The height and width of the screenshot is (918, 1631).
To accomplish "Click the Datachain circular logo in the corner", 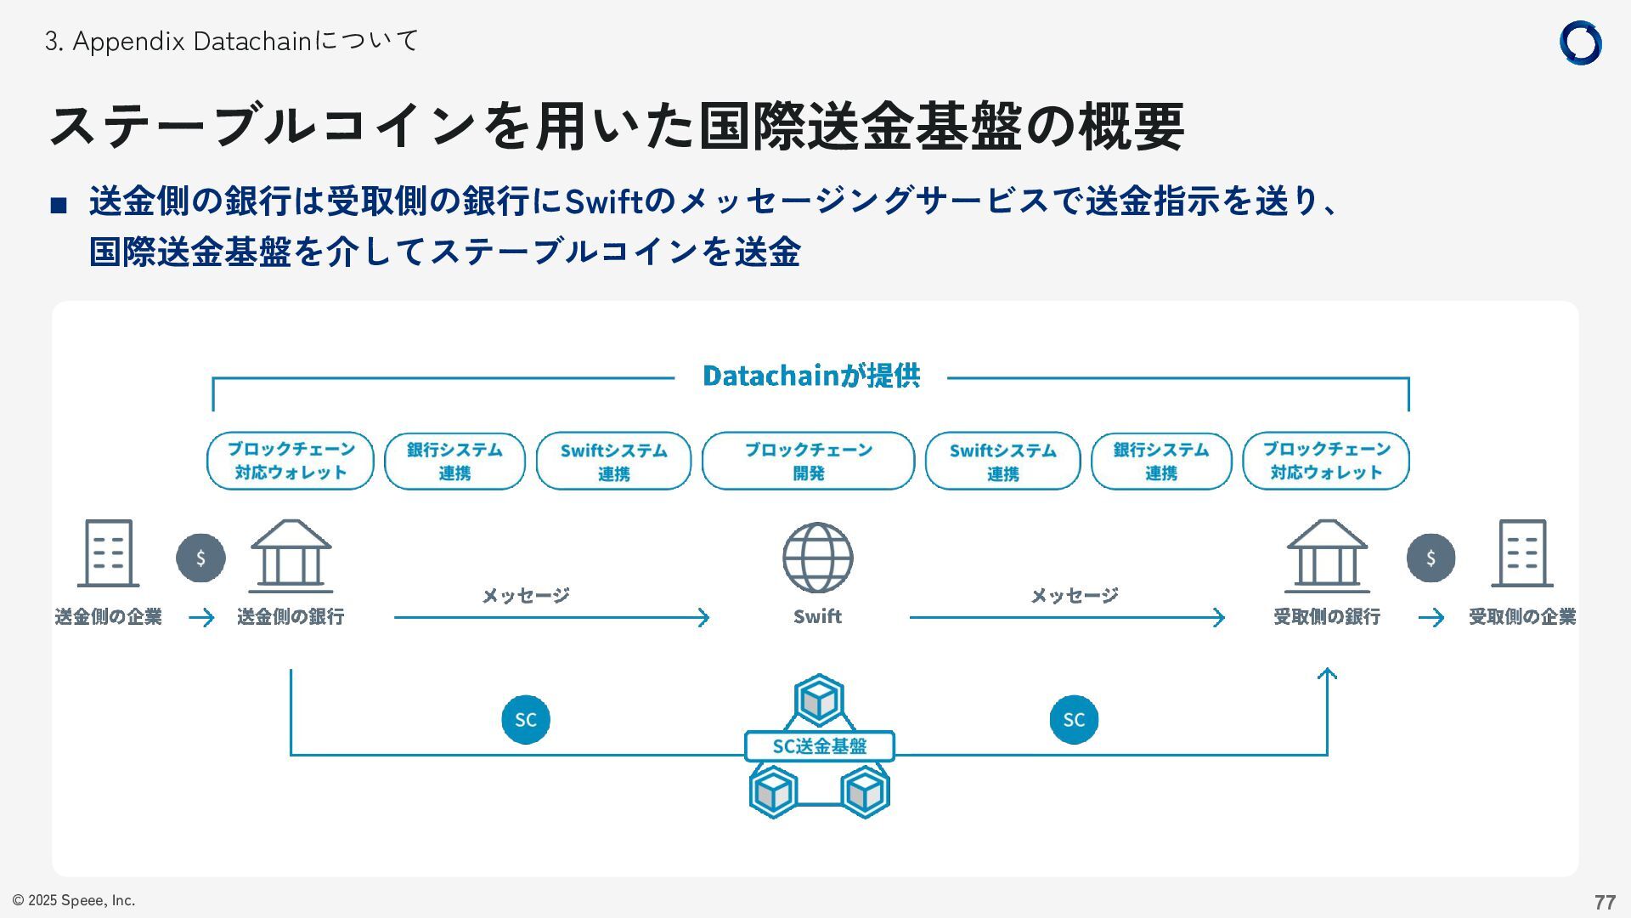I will pos(1580,43).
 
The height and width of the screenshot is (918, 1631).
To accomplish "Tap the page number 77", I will pos(1604,902).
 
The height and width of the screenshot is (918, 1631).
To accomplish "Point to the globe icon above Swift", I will pos(817,558).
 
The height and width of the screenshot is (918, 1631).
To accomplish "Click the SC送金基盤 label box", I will pos(819,746).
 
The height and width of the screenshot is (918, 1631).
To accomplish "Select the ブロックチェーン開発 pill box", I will pos(808,461).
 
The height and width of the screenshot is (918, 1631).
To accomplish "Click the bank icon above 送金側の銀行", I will pos(291,556).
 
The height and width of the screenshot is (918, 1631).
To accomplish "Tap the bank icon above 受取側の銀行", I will pos(1326,556).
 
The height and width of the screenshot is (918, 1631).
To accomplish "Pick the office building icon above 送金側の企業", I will pos(109,553).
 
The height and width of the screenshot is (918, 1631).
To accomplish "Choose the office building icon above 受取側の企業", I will pos(1521,553).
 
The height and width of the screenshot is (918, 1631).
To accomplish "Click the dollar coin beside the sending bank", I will pos(200,558).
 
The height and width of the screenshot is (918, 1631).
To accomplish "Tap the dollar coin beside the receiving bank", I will pos(1431,558).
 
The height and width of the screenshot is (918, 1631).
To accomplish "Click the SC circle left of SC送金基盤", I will pos(526,720).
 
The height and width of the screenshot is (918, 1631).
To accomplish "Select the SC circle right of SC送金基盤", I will pos(1074,720).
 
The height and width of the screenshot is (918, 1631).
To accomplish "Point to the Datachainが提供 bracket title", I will pos(810,376).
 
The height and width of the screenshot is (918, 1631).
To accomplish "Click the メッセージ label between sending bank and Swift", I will pos(526,595).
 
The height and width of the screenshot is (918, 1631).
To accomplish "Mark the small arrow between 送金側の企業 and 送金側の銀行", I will pos(201,617).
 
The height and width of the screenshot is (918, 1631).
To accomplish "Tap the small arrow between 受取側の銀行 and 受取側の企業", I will pos(1431,617).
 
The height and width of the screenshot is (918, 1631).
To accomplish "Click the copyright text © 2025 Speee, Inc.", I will pos(74,900).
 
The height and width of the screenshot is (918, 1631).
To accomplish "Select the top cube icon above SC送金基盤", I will pos(819,701).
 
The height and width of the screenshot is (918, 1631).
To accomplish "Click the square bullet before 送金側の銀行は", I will pos(59,205).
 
